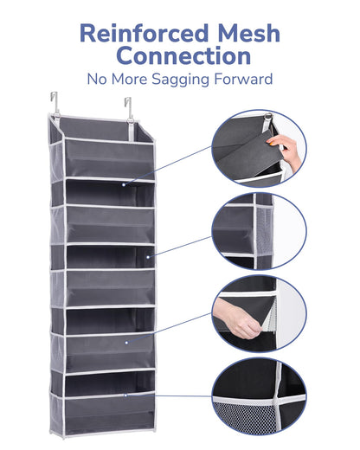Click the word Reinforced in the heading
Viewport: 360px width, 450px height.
click(144, 34)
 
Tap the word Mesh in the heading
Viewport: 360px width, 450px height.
click(248, 34)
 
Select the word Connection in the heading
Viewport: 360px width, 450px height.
click(184, 55)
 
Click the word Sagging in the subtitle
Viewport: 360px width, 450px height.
click(180, 80)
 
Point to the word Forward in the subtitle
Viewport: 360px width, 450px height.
click(243, 79)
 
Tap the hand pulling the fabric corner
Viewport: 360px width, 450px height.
click(236, 318)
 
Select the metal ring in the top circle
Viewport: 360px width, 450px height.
click(268, 116)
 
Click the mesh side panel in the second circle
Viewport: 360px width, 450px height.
click(264, 231)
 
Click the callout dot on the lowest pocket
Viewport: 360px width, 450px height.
click(125, 395)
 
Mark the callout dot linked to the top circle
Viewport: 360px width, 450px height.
click(124, 184)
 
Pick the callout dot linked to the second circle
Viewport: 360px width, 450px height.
click(148, 257)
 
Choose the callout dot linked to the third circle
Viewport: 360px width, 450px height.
click(126, 343)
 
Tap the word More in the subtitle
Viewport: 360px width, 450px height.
click(129, 79)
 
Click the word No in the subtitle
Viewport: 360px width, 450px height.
click(97, 79)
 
